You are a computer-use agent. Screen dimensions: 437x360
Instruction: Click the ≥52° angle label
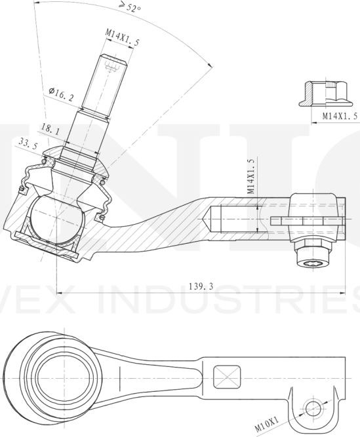(130, 8)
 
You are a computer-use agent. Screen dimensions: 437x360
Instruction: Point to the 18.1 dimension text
(50, 129)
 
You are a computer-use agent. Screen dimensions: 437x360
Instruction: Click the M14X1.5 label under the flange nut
(340, 116)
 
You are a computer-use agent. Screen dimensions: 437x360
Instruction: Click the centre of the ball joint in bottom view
(62, 379)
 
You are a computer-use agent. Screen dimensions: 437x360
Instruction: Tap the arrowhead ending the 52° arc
(211, 65)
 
